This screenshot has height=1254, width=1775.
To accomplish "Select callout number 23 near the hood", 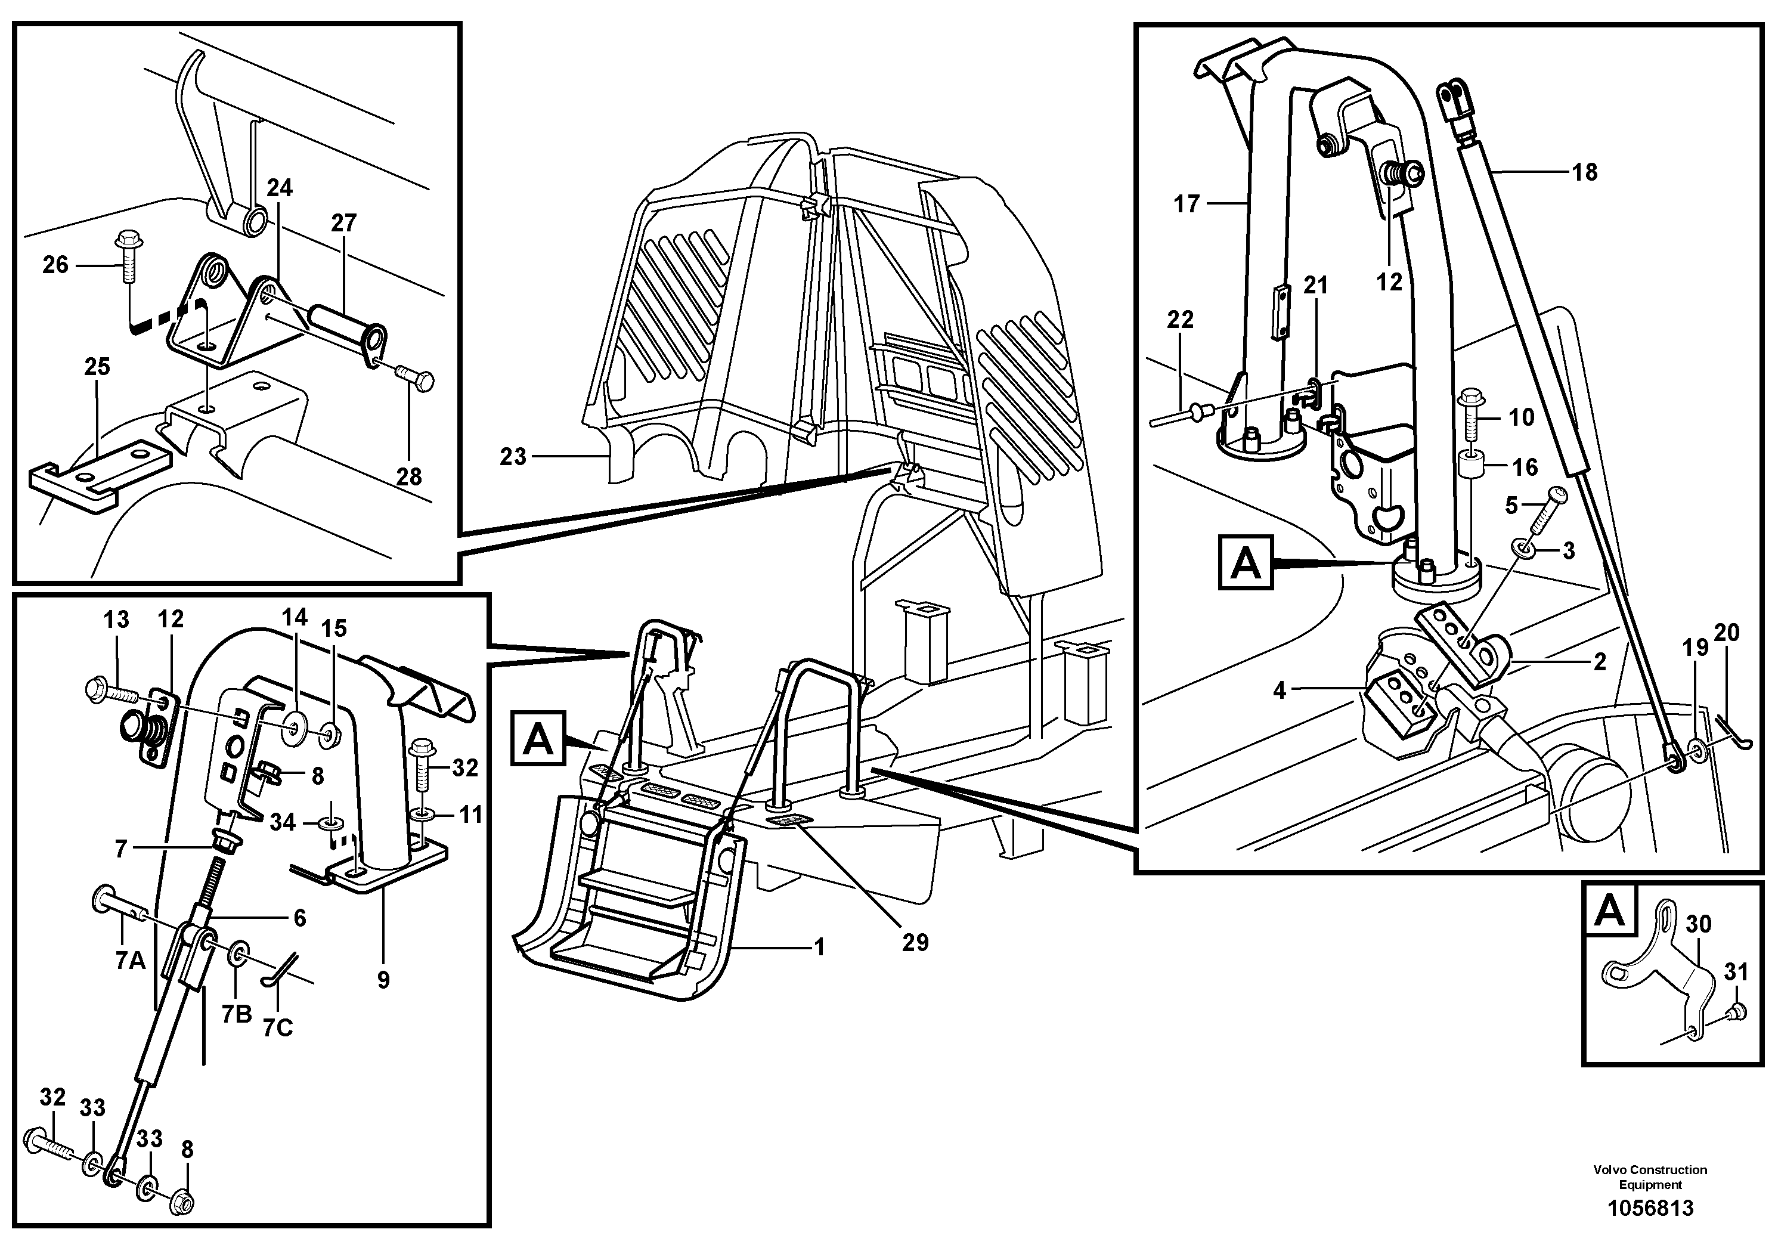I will [513, 457].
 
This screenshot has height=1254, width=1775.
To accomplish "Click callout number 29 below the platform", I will [915, 942].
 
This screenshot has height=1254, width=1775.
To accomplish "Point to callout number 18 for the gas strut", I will [1585, 172].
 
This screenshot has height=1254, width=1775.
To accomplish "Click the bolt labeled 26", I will [126, 258].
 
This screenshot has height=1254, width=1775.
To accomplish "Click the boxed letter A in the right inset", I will [1246, 562].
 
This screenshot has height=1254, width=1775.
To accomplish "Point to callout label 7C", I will [277, 1027].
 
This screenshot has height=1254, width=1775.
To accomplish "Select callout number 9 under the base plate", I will [383, 980].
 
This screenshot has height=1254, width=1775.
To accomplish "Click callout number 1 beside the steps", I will [819, 946].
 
